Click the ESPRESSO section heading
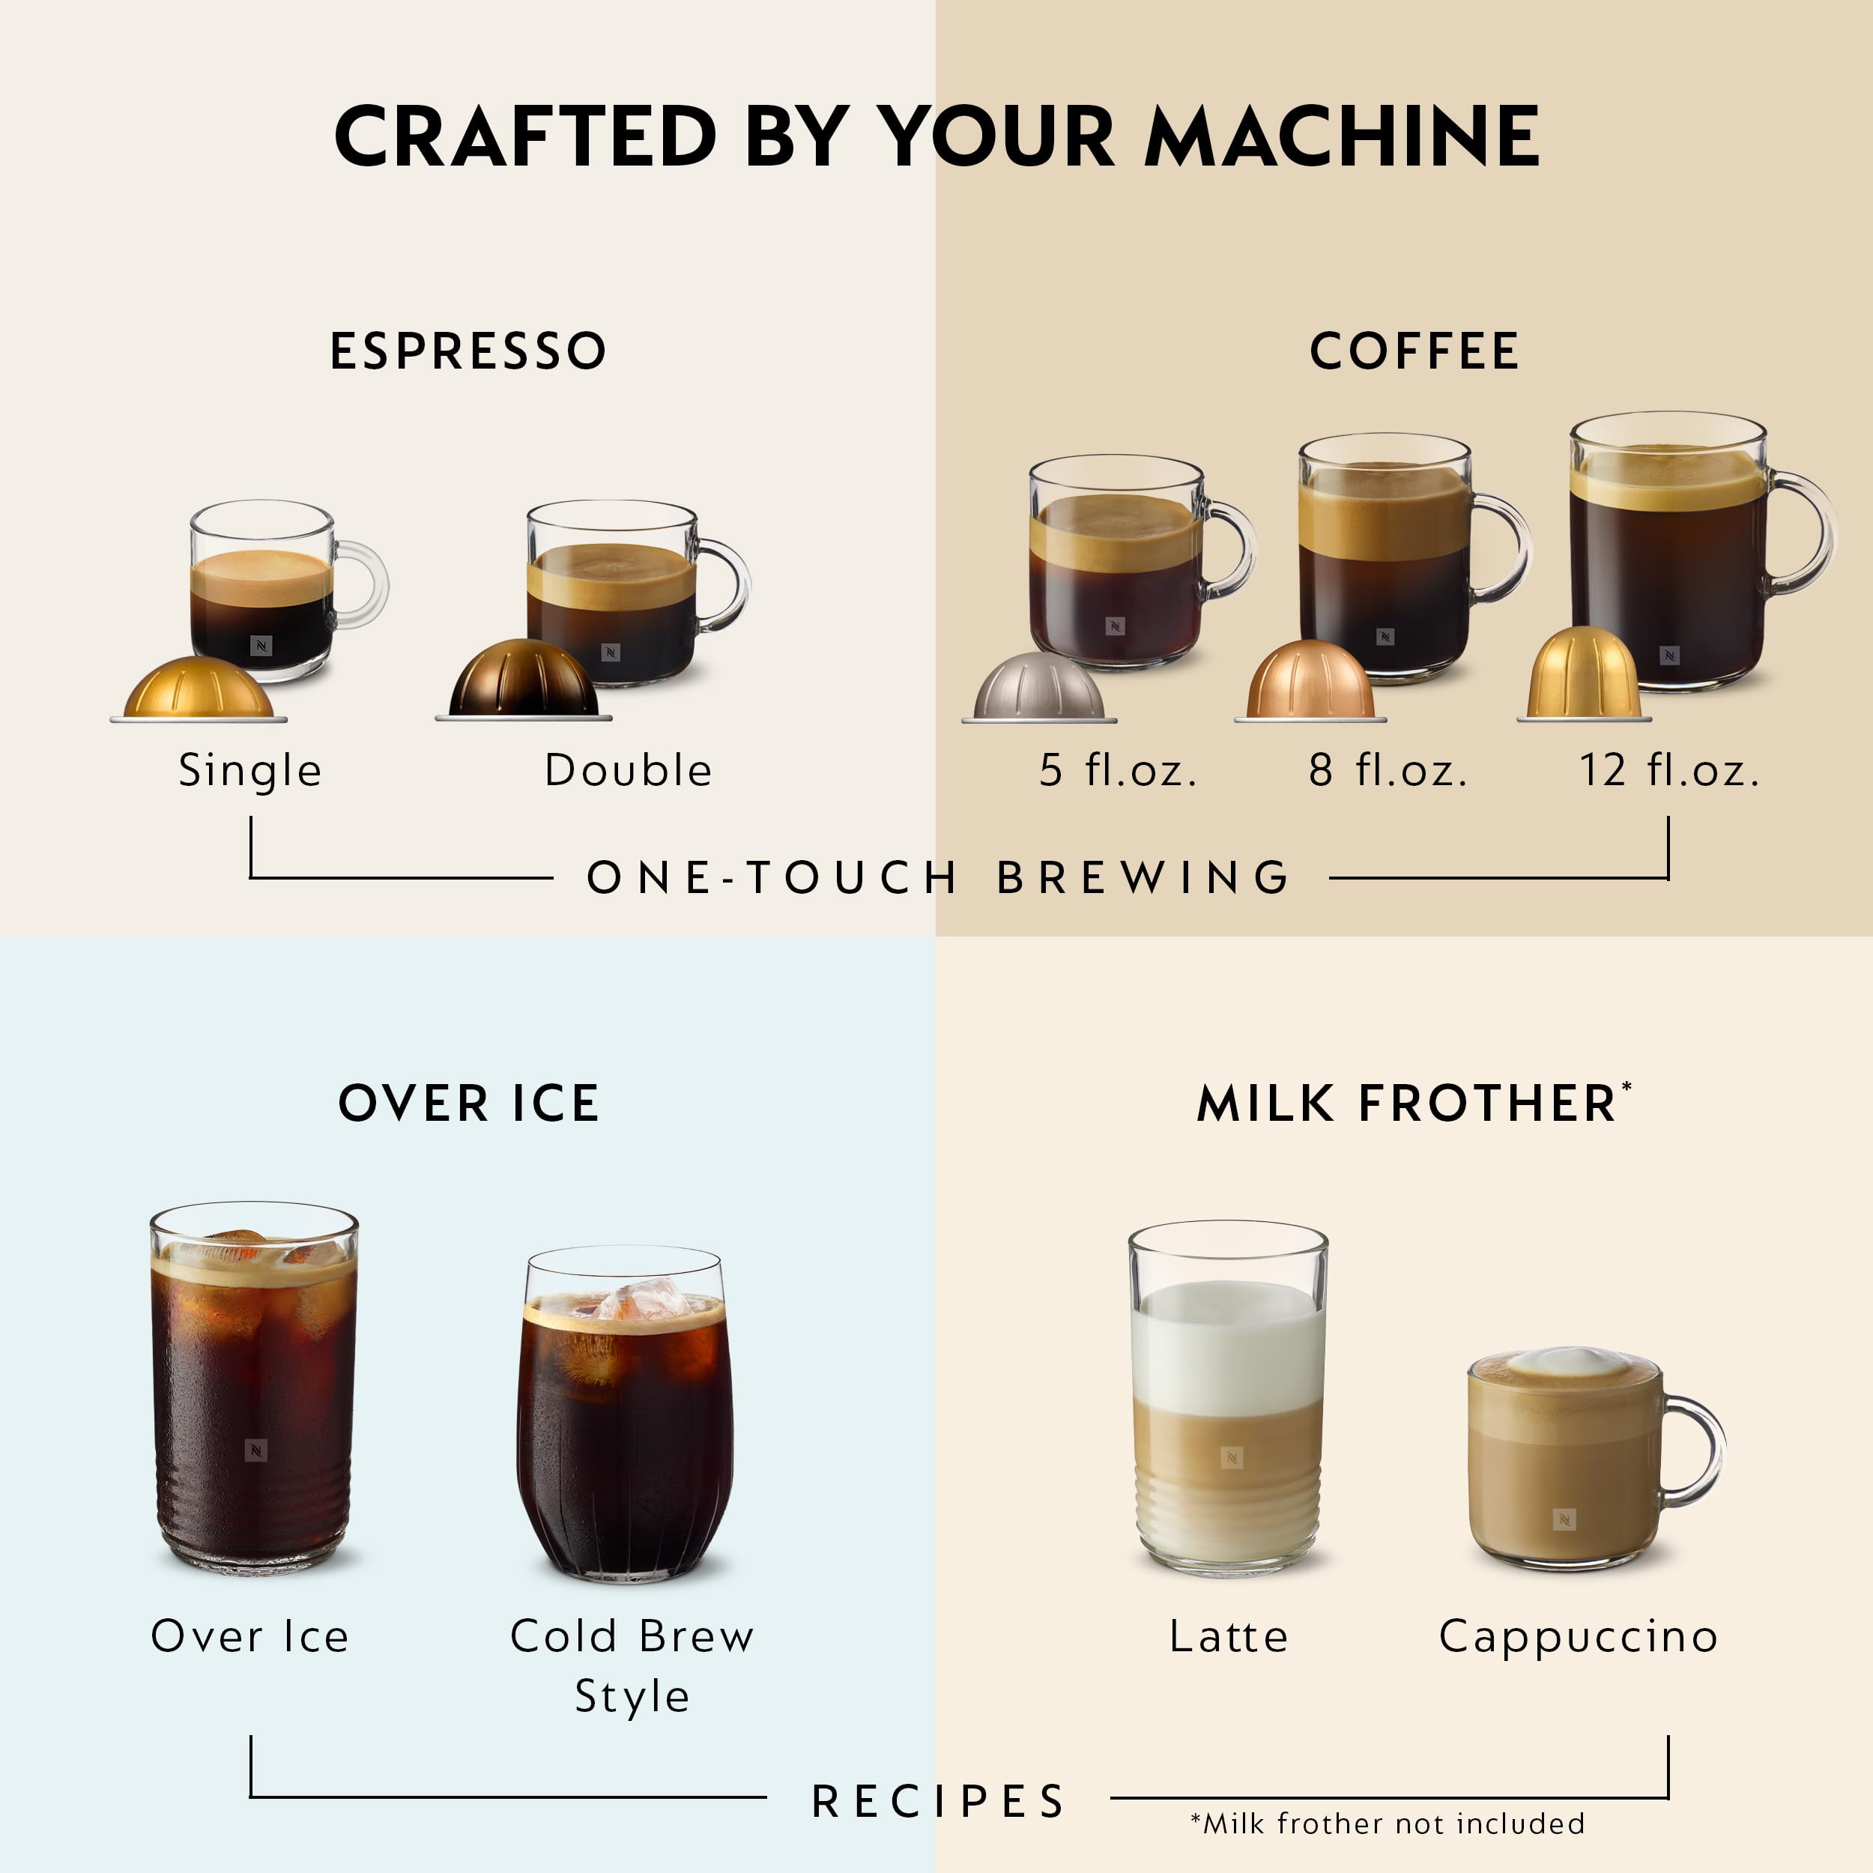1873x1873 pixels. point(468,351)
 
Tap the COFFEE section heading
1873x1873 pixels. point(1414,351)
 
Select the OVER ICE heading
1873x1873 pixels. point(468,1104)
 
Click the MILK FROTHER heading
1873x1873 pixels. point(1408,1104)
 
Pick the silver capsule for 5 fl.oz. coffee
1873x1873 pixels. point(1038,689)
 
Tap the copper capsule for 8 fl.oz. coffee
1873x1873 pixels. point(1310,683)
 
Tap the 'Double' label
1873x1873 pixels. point(629,771)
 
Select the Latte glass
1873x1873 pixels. point(1228,1396)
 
